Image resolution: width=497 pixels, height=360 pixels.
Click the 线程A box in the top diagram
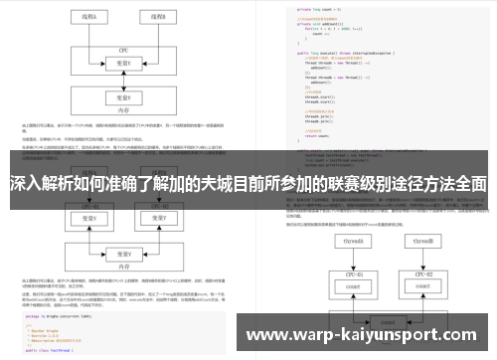click(x=88, y=17)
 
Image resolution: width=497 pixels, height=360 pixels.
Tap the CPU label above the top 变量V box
click(x=125, y=48)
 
